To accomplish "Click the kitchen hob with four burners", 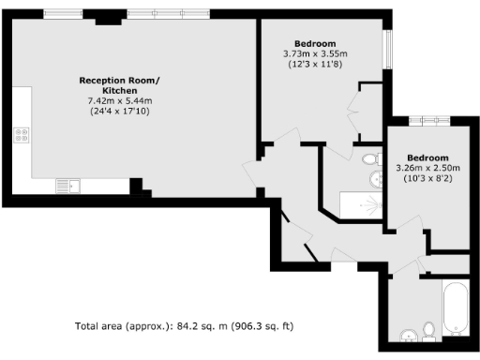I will [20, 136].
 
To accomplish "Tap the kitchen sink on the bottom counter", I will [67, 185].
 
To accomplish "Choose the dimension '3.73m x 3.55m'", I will [315, 54].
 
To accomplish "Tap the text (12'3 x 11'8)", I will [315, 65].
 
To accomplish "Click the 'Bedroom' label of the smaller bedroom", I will [427, 157].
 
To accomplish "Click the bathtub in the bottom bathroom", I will [456, 309].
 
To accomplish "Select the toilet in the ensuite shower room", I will [370, 158].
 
